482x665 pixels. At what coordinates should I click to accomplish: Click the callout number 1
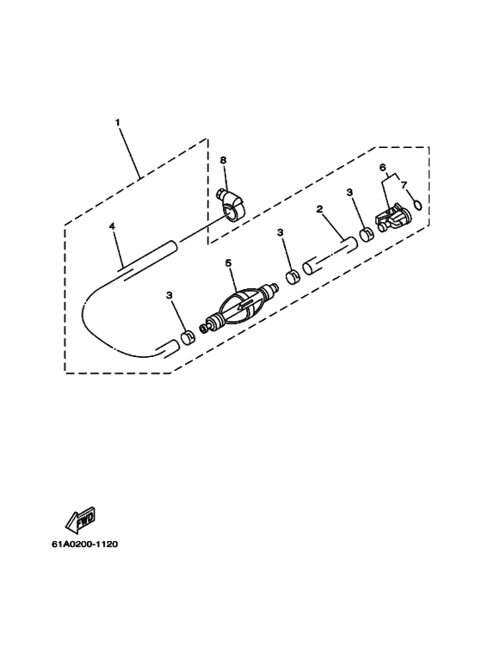pyautogui.click(x=118, y=122)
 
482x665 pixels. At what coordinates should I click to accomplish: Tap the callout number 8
pyautogui.click(x=223, y=160)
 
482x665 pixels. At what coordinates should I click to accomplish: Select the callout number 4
pyautogui.click(x=112, y=226)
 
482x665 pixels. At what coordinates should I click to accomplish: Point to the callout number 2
pyautogui.click(x=319, y=209)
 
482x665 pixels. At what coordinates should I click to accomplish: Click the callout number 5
pyautogui.click(x=229, y=263)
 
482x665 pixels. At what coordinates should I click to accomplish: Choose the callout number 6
pyautogui.click(x=383, y=168)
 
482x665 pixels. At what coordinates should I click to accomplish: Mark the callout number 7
pyautogui.click(x=404, y=185)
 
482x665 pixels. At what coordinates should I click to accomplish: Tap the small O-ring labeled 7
pyautogui.click(x=417, y=205)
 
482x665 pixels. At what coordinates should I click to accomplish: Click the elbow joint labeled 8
pyautogui.click(x=232, y=206)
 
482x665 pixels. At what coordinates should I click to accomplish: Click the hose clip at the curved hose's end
pyautogui.click(x=187, y=338)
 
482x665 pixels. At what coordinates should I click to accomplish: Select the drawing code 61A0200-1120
pyautogui.click(x=85, y=544)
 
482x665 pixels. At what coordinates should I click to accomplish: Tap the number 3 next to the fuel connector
pyautogui.click(x=349, y=193)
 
